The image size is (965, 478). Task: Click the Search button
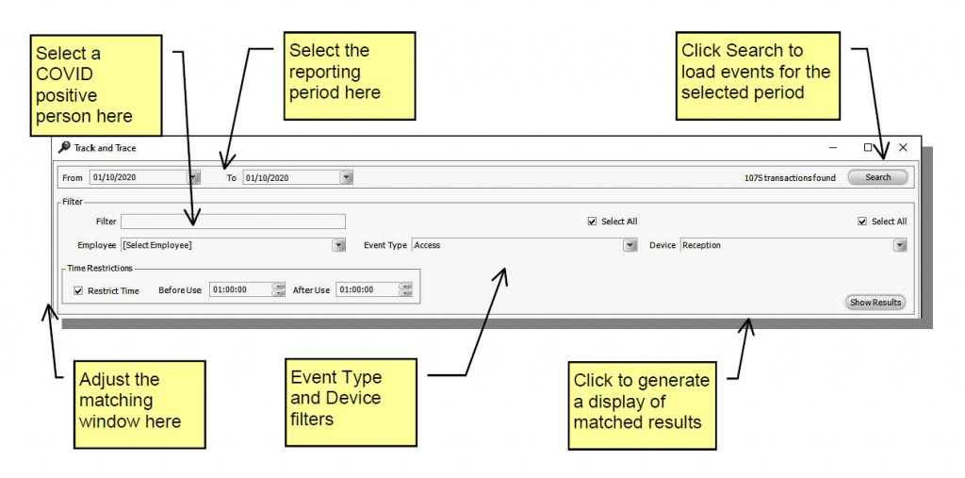coord(877,177)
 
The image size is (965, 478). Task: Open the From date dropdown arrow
coord(194,177)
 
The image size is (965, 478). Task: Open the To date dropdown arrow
coord(346,177)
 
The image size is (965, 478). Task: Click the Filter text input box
coord(233,222)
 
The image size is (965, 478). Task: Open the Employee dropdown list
coord(338,245)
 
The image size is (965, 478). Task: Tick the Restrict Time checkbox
coord(78,290)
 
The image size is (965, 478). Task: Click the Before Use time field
coord(240,290)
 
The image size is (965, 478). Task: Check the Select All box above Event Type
coord(592,222)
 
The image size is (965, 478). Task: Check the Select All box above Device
coord(862,222)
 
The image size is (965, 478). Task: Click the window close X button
coord(903,148)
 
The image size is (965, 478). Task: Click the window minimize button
coord(833,148)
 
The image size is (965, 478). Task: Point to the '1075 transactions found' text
coord(789,177)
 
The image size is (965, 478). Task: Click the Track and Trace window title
coord(105,148)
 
